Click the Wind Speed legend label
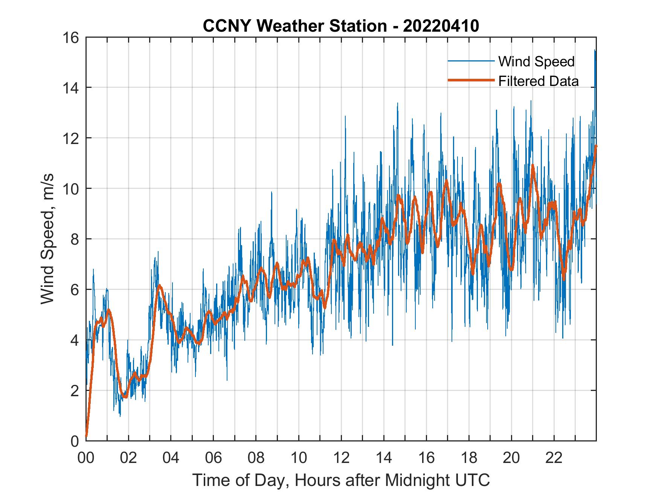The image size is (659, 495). pos(536,61)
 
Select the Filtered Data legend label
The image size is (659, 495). pos(538,81)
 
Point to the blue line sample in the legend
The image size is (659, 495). pos(471,61)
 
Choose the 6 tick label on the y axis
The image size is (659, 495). pos(74,290)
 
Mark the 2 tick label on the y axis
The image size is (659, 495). pos(74,391)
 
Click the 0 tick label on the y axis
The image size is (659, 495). pos(74,441)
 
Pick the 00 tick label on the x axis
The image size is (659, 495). pos(86,458)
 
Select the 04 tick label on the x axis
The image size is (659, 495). pos(171,458)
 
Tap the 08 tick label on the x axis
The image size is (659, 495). pos(256,458)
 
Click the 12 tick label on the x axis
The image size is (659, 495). pos(341,458)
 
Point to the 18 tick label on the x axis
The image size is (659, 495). pos(469,458)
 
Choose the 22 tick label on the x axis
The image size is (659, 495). pos(554,458)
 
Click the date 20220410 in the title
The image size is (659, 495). pos(441,26)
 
